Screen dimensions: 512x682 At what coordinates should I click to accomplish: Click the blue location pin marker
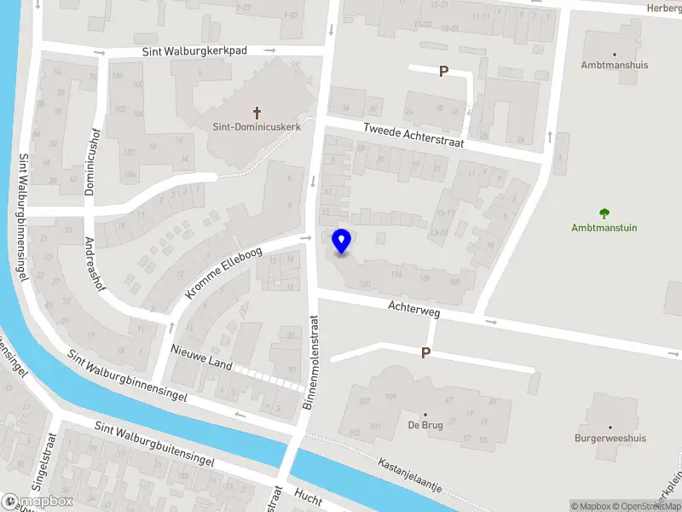coord(341,241)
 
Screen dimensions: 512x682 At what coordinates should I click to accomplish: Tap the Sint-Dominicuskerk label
coord(257,127)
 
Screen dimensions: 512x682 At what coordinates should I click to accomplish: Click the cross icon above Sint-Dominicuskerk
coord(257,112)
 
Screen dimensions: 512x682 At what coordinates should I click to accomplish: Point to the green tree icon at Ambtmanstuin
coord(604,213)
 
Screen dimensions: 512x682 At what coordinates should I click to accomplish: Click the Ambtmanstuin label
coord(604,228)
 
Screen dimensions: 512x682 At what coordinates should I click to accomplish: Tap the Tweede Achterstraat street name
coord(413,136)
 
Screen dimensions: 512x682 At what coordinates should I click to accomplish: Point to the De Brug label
coord(425,425)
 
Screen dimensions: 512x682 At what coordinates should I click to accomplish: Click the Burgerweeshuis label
coord(610,439)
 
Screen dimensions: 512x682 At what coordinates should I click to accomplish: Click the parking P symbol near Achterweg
coord(425,352)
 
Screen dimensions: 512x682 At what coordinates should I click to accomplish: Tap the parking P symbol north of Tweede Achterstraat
coord(443,72)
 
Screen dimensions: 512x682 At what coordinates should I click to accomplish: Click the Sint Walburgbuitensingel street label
coord(153,445)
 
